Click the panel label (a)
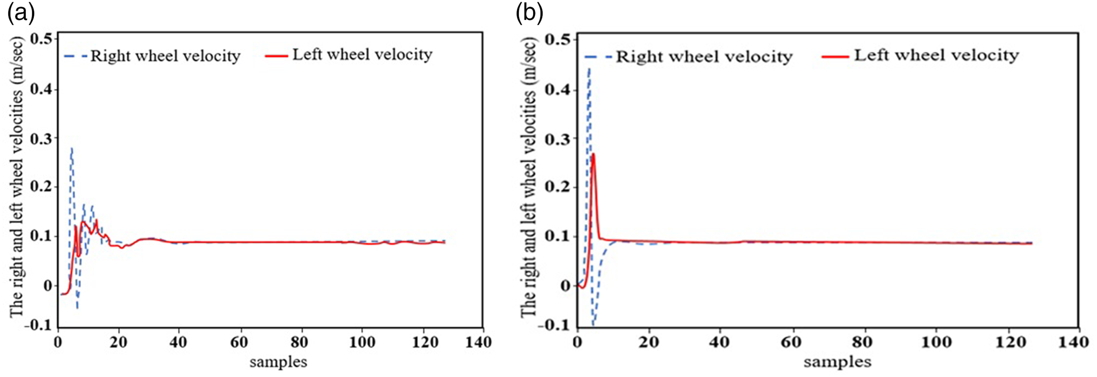click(21, 14)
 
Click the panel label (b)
click(529, 14)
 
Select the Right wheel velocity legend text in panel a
click(165, 56)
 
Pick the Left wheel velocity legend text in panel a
click(362, 54)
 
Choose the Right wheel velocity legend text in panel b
click(704, 56)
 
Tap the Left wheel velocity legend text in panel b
click(936, 55)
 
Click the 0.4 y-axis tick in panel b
click(559, 90)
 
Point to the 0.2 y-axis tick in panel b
click(559, 188)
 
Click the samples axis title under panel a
click(278, 362)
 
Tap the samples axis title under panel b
click(837, 362)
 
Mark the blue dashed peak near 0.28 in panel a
click(72, 148)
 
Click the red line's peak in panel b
click(593, 154)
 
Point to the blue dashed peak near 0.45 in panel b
click(589, 68)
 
